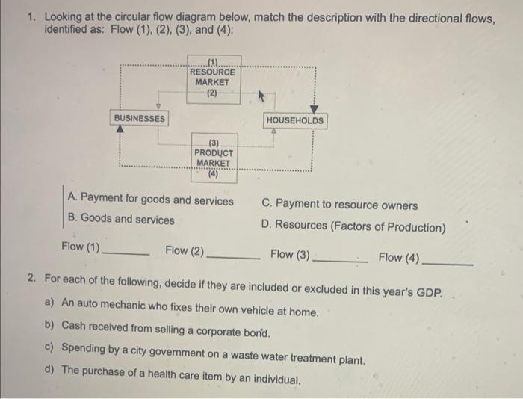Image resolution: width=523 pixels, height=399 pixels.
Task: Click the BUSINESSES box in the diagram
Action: coord(140,118)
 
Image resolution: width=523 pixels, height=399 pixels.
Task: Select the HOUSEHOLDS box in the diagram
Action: coord(295,120)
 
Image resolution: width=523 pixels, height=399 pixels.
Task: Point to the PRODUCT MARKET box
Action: coord(214,158)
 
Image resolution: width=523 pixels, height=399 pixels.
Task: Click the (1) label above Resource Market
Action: coord(213,62)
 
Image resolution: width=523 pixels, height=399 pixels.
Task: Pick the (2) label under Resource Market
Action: coord(213,94)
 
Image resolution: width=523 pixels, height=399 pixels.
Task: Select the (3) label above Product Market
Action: coord(214,141)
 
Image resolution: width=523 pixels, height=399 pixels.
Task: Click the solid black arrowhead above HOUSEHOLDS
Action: coord(314,109)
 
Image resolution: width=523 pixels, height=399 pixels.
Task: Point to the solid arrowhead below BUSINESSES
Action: coord(120,129)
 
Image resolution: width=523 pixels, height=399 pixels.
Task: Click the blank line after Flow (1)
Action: coord(126,254)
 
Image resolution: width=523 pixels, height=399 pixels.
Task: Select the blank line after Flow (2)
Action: coord(232,256)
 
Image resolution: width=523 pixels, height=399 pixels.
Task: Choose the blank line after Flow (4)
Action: coord(448,263)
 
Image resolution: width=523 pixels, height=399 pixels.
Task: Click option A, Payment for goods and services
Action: coord(149,199)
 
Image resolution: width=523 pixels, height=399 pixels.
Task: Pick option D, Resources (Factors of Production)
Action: coord(353,226)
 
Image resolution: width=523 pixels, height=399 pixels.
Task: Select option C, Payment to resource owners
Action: coord(340,205)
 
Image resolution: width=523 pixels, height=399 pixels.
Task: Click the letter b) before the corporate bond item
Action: coord(49,325)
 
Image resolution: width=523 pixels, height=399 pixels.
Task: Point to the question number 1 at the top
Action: coord(31,16)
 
